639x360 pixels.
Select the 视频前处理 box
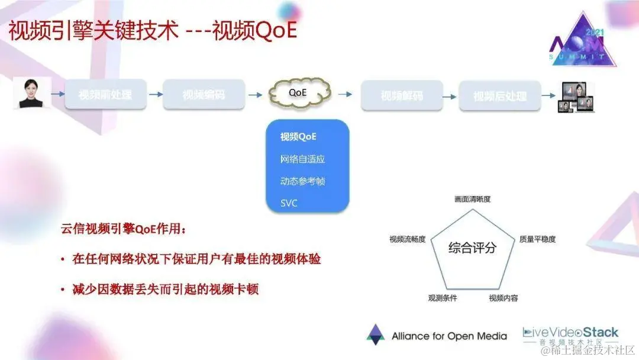pyautogui.click(x=105, y=94)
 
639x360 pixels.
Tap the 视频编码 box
pyautogui.click(x=204, y=94)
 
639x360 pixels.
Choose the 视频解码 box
pyautogui.click(x=401, y=95)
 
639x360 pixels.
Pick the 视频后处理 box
pyautogui.click(x=500, y=95)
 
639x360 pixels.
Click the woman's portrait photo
pyautogui.click(x=31, y=94)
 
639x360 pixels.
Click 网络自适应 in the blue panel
pyautogui.click(x=302, y=159)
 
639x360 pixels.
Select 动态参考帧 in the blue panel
pyautogui.click(x=302, y=181)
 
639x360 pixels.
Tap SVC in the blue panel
pyautogui.click(x=289, y=203)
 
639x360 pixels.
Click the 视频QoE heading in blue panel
pyautogui.click(x=298, y=137)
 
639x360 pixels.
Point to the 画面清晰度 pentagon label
pyautogui.click(x=472, y=200)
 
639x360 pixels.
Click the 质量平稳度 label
pyautogui.click(x=537, y=239)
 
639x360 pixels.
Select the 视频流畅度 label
pyautogui.click(x=407, y=239)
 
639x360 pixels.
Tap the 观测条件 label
pyautogui.click(x=443, y=298)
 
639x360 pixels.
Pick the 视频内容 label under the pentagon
pyautogui.click(x=503, y=298)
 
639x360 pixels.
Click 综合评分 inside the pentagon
pyautogui.click(x=472, y=247)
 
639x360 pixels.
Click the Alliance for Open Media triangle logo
pyautogui.click(x=375, y=335)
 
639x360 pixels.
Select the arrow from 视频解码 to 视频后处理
pyautogui.click(x=449, y=94)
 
